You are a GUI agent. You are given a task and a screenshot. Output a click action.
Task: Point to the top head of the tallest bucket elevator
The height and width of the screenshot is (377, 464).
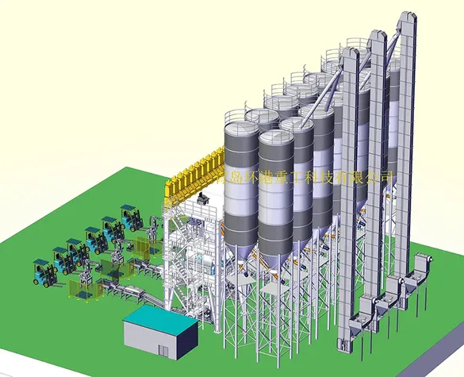click(x=407, y=20)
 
